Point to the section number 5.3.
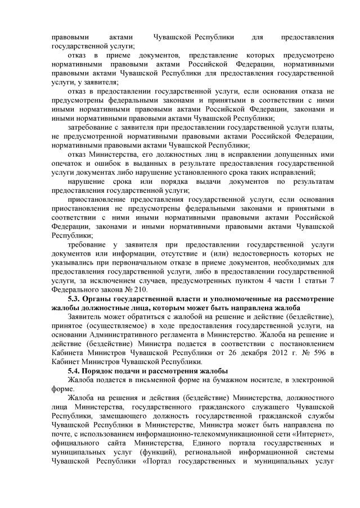[x=75, y=298]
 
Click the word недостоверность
[x=274, y=254]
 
